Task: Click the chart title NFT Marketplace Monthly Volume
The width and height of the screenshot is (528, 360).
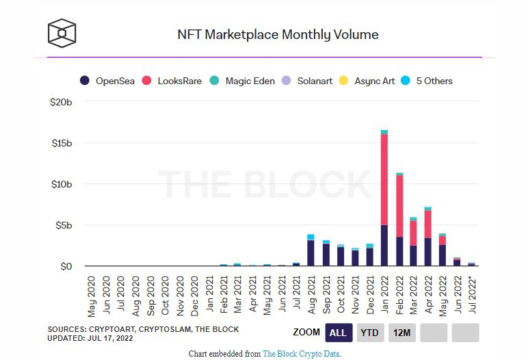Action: pos(277,34)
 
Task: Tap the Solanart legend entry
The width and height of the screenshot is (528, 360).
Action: pos(308,81)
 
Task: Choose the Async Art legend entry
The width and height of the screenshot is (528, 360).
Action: pos(368,81)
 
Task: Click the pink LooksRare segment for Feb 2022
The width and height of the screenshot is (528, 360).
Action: pos(399,206)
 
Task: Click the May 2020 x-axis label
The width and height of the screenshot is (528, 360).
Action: pos(92,296)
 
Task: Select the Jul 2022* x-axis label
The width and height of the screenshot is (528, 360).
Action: pos(473,296)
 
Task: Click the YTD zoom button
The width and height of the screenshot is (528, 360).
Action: pos(370,333)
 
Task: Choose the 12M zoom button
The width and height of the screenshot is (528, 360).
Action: pos(401,333)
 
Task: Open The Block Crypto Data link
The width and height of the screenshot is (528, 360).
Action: pos(302,354)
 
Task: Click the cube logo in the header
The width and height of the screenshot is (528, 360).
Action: pos(62,33)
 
